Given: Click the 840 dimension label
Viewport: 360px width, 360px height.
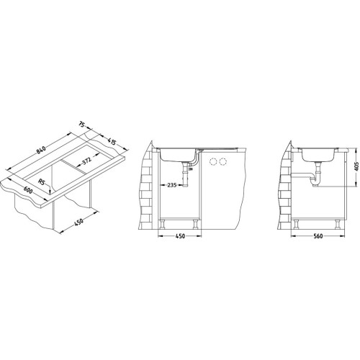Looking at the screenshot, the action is [41, 150].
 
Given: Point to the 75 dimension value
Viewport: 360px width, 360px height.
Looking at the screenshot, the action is [82, 125].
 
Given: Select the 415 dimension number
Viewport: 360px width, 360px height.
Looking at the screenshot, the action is [112, 142].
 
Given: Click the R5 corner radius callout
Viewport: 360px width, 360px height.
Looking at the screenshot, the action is [42, 182].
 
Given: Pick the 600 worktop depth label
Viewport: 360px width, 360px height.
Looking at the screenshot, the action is [27, 190].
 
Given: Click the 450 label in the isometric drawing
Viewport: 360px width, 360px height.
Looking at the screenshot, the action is [78, 222].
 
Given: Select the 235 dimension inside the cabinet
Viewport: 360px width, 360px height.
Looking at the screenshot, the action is [172, 185].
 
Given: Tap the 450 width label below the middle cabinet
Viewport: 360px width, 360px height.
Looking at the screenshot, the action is [180, 236].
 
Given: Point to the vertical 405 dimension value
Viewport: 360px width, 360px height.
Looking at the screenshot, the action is [356, 166].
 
